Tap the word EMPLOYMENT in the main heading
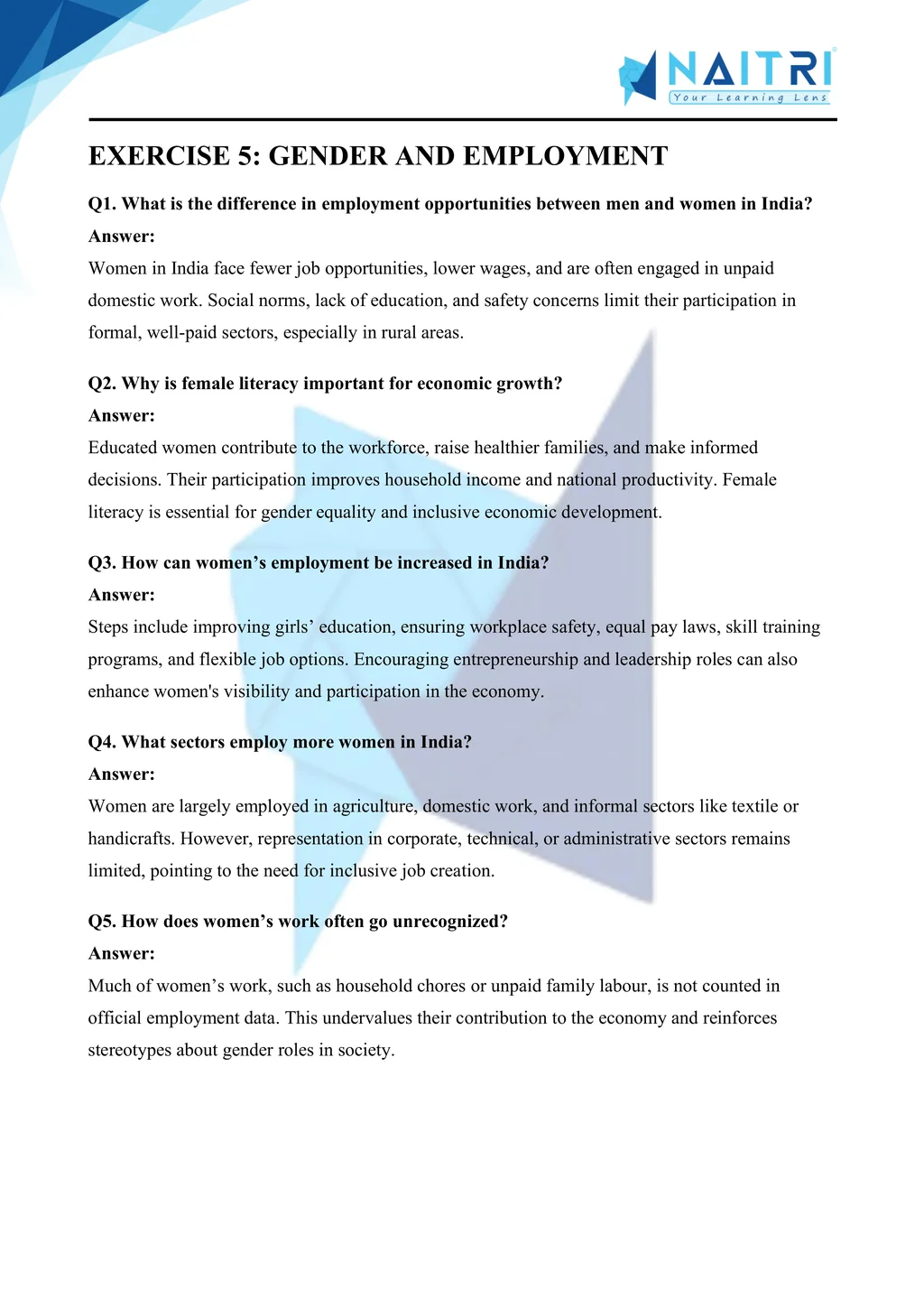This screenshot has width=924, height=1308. pos(566,156)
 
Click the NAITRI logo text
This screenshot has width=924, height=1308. pos(749,70)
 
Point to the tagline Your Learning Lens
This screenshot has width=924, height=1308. pos(749,97)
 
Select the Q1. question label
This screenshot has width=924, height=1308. pos(102,204)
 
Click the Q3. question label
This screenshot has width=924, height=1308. pos(102,563)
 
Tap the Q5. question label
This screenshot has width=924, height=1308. pos(102,922)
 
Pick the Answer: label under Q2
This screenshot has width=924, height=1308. pos(122,416)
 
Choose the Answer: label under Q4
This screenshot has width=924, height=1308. pos(122,775)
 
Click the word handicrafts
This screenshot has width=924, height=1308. pos(131,839)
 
